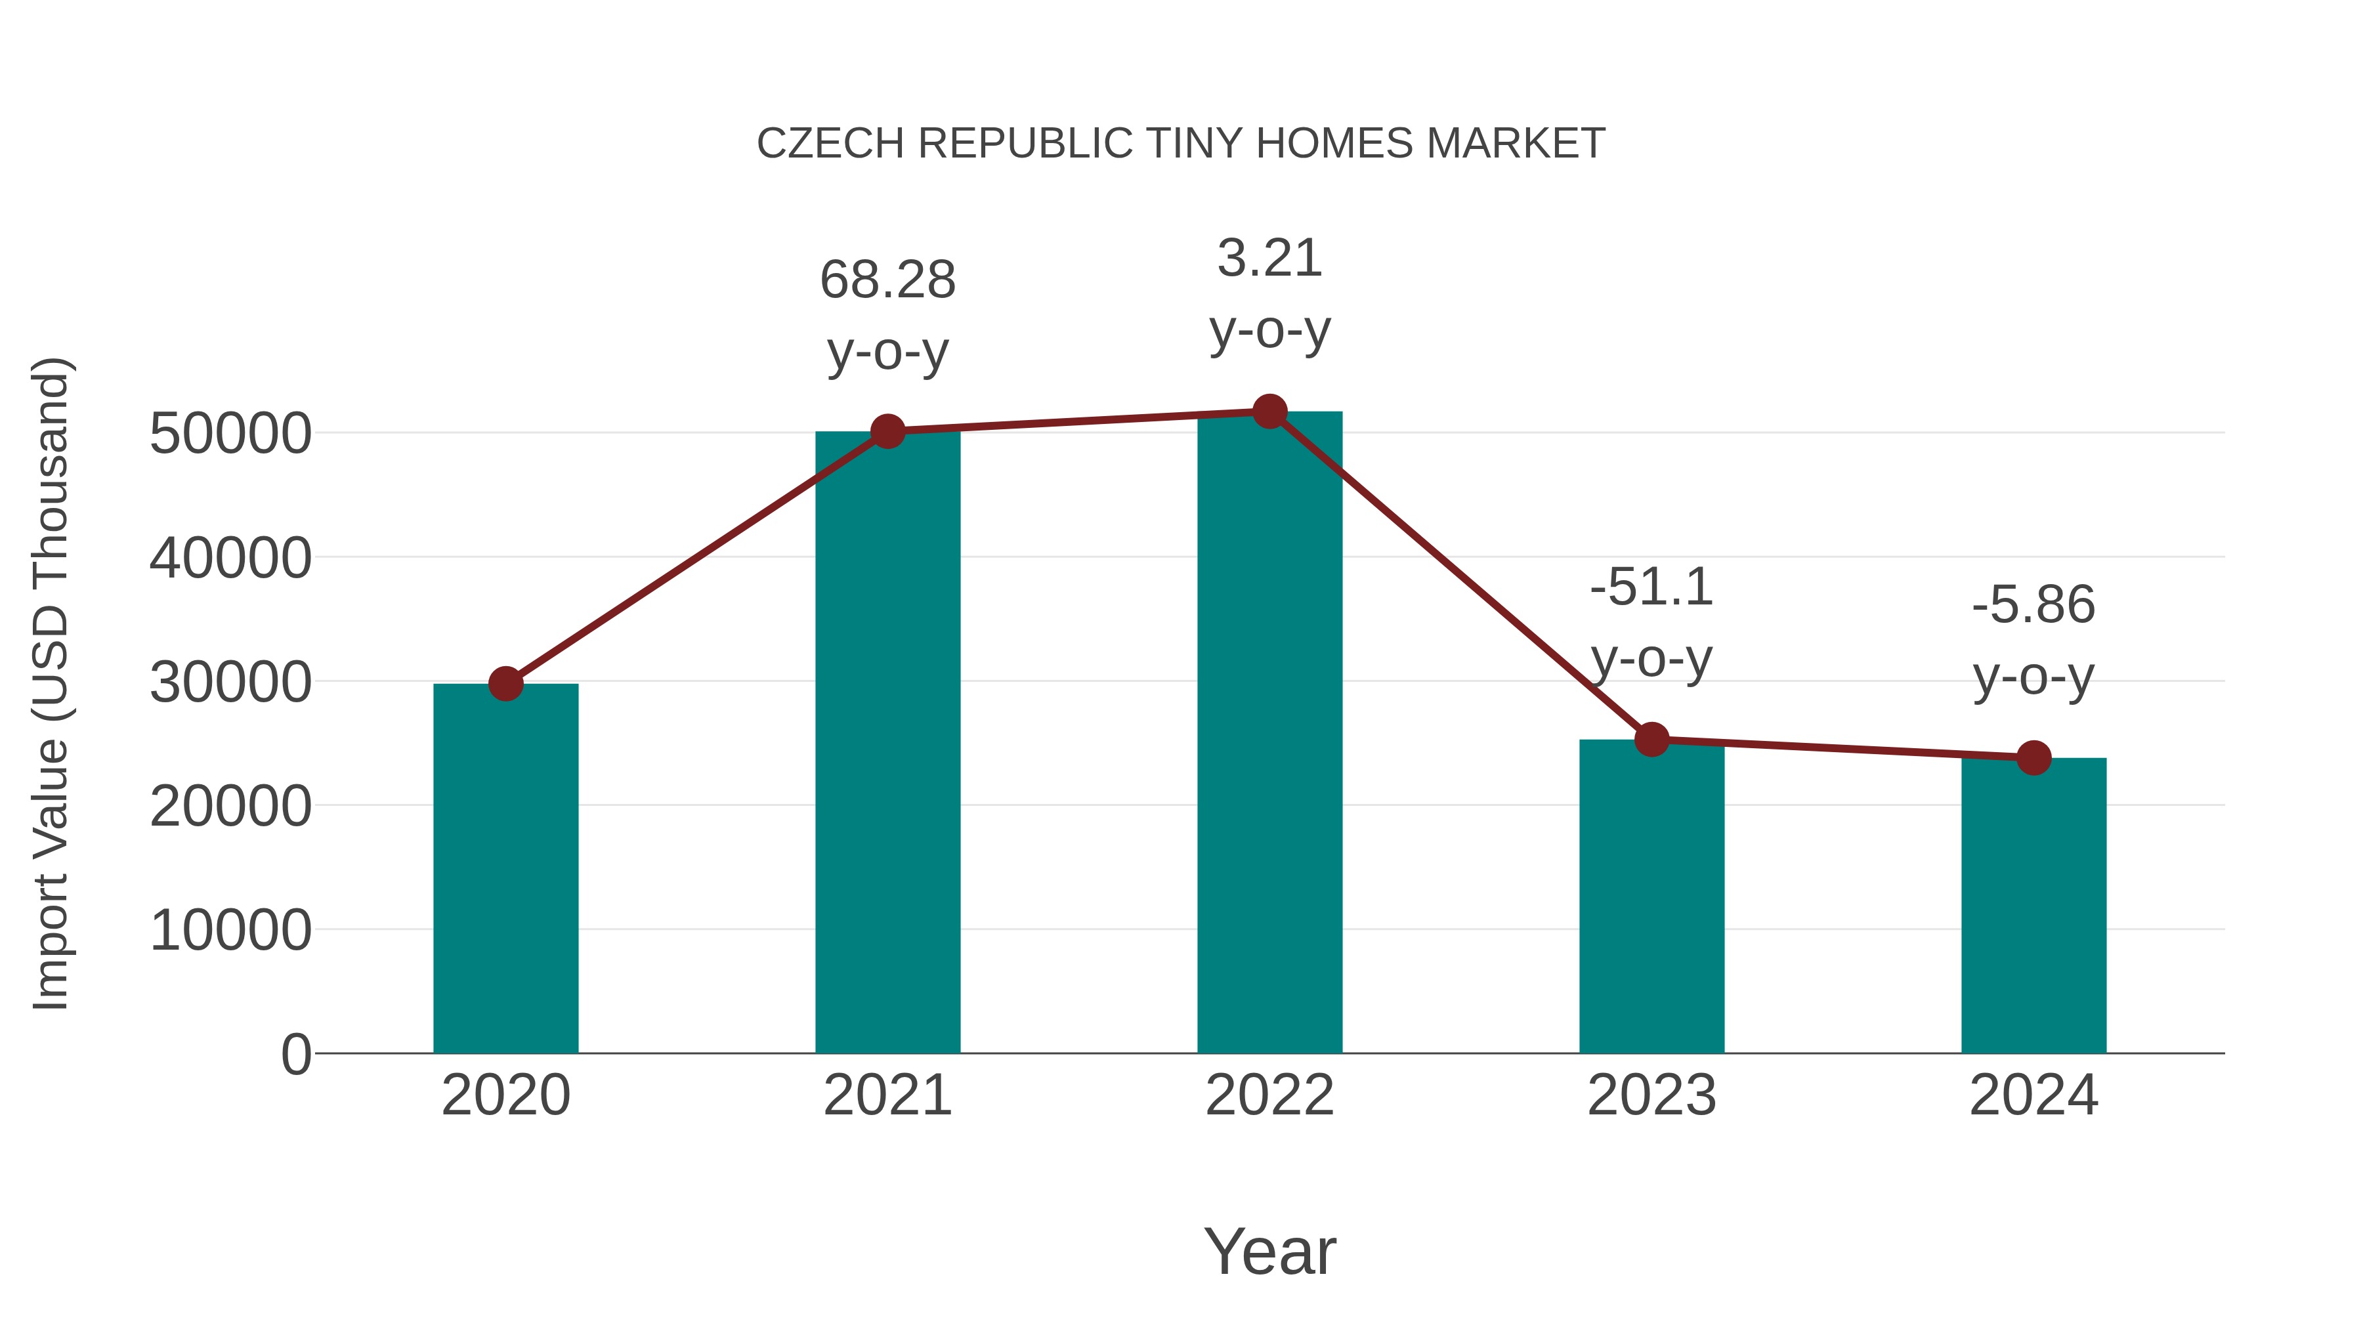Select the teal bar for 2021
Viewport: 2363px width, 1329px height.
pos(887,742)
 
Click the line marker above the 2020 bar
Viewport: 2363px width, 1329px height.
pos(505,683)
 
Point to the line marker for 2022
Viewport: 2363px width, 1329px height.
pos(1269,411)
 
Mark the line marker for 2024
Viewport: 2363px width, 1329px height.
pos(2033,757)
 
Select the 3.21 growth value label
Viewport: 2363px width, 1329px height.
pos(1269,258)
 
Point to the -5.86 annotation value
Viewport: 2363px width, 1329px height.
pos(2033,605)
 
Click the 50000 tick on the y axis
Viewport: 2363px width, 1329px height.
pos(230,433)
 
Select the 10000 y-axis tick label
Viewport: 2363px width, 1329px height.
pos(230,930)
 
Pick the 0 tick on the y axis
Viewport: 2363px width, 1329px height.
pos(296,1054)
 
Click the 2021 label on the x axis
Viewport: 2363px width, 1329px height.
pos(887,1095)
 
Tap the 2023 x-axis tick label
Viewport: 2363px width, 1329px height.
pos(1651,1095)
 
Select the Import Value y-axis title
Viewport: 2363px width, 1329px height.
pos(51,683)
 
